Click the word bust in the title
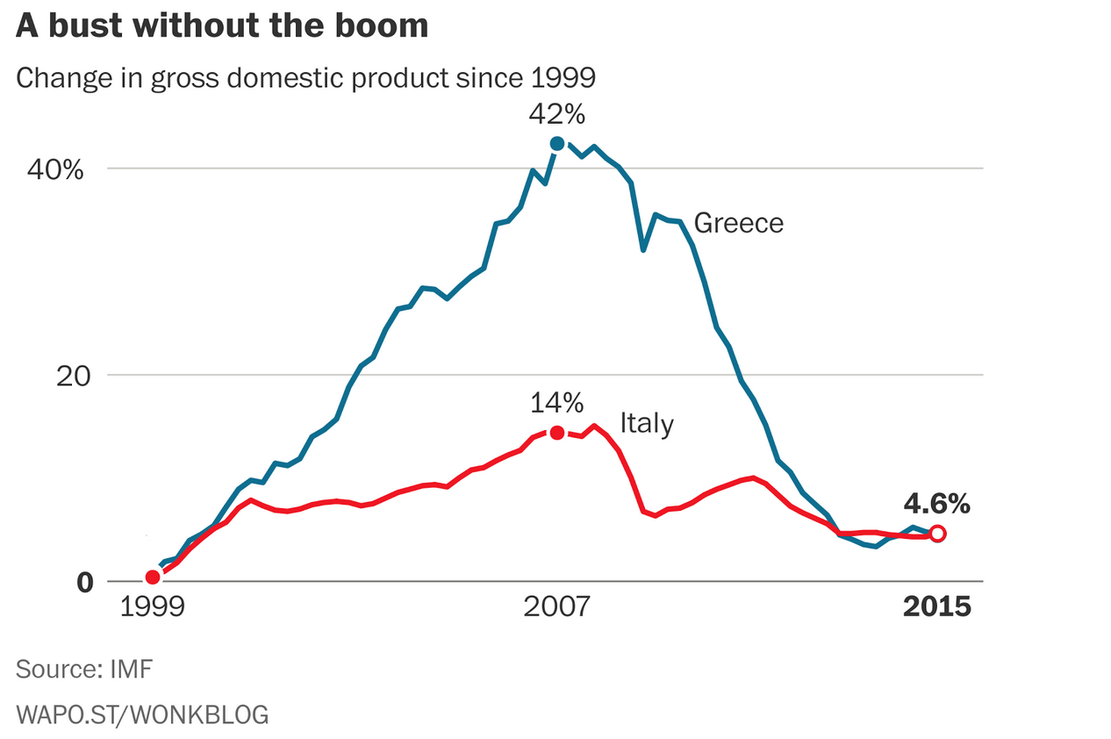click(81, 25)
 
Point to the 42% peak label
click(556, 115)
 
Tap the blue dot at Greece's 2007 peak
click(556, 143)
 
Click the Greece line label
click(738, 223)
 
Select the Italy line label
click(647, 424)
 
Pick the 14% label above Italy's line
click(556, 403)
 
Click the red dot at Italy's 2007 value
click(556, 432)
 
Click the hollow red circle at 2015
click(937, 533)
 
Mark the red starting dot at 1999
click(153, 577)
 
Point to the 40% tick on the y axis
click(55, 169)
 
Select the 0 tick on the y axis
click(84, 581)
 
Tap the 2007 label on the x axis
click(556, 606)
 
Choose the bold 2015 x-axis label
click(937, 606)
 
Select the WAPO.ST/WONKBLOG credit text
click(142, 714)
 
